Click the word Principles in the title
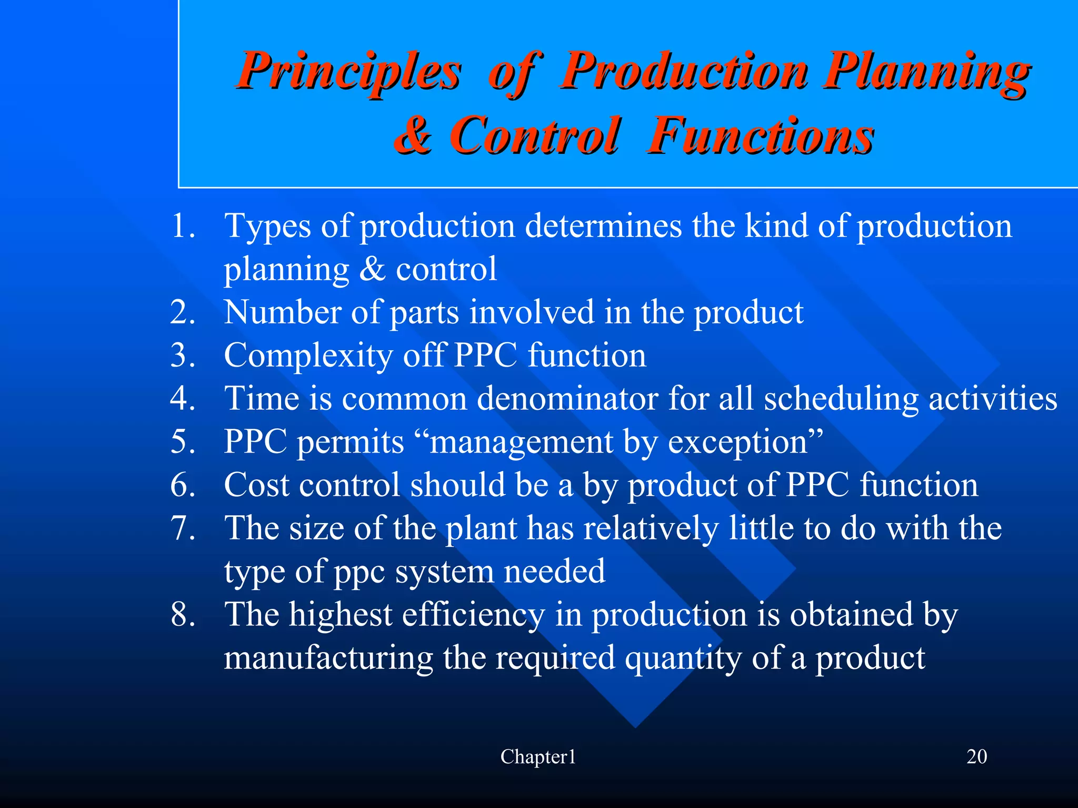(x=348, y=73)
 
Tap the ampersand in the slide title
(x=414, y=136)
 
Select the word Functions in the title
(x=760, y=136)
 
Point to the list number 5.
(x=182, y=442)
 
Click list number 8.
(x=182, y=615)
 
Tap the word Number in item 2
(x=282, y=312)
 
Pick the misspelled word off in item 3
(x=424, y=356)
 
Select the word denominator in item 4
(x=567, y=399)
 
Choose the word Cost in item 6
(x=256, y=485)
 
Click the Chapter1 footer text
(x=538, y=757)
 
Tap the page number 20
(x=976, y=757)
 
